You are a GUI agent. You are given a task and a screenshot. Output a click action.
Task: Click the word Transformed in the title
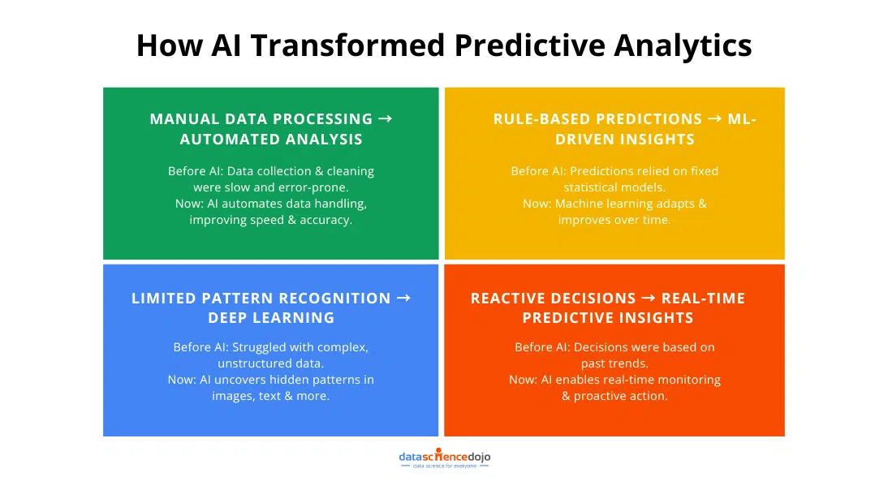coord(347,45)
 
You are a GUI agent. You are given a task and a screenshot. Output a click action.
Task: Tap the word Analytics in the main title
coord(683,45)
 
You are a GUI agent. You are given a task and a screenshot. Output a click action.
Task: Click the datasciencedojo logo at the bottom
coord(445,458)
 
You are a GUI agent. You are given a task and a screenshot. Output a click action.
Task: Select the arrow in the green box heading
coord(385,118)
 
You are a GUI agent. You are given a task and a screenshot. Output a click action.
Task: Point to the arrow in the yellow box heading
coord(715,118)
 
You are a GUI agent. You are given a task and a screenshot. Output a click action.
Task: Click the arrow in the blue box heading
coord(403,298)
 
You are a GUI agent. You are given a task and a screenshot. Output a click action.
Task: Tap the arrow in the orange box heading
coord(649,298)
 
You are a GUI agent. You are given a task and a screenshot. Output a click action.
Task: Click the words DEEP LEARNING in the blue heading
coord(271,318)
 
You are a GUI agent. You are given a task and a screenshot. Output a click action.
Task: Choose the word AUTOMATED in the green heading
coord(226,140)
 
